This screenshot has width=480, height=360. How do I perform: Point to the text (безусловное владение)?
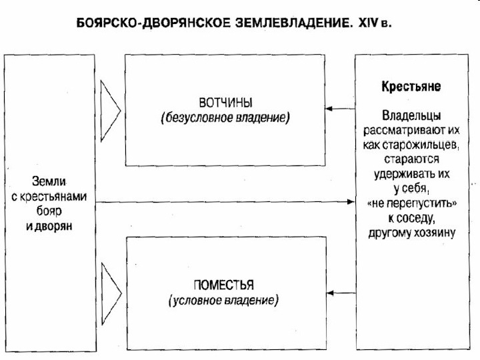pyautogui.click(x=225, y=118)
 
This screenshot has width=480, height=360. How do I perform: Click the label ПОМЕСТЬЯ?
pyautogui.click(x=224, y=285)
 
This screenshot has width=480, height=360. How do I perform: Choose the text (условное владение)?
pyautogui.click(x=224, y=300)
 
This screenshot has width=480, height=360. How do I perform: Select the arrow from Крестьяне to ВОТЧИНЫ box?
pyautogui.click(x=342, y=109)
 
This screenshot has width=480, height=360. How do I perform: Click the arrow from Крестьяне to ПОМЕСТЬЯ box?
pyautogui.click(x=342, y=292)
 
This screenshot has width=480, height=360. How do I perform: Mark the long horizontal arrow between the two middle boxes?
pyautogui.click(x=227, y=201)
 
